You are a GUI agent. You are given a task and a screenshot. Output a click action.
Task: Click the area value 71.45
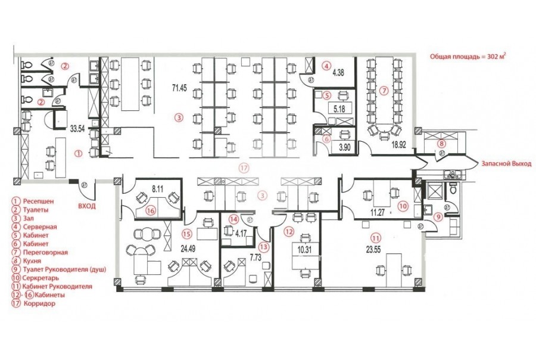pyautogui.click(x=179, y=88)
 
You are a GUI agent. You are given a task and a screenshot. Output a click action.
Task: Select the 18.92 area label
pyautogui.click(x=398, y=145)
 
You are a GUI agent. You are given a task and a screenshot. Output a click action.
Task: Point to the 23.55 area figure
pyautogui.click(x=373, y=250)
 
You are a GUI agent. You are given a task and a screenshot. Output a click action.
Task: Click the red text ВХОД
pyautogui.click(x=87, y=206)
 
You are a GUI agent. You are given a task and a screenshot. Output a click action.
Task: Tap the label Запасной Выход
pyautogui.click(x=507, y=163)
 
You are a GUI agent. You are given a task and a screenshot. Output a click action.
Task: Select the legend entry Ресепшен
pyautogui.click(x=38, y=201)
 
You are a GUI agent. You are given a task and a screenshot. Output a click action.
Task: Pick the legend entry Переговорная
pyautogui.click(x=45, y=252)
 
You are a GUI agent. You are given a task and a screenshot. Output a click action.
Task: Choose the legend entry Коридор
pyautogui.click(x=40, y=303)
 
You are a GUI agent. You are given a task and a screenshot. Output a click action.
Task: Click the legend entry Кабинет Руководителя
pyautogui.click(x=57, y=286)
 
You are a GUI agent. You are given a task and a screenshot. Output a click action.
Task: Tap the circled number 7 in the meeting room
pyautogui.click(x=384, y=91)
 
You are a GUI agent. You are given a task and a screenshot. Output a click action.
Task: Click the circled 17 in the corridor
pyautogui.click(x=244, y=167)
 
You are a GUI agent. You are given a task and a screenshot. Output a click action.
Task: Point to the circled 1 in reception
pyautogui.click(x=79, y=154)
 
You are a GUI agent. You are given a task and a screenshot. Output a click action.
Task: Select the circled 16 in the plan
pyautogui.click(x=151, y=211)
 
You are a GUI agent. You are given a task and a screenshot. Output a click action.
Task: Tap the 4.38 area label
pyautogui.click(x=338, y=73)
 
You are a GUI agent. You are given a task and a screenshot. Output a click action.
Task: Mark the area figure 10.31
pyautogui.click(x=304, y=250)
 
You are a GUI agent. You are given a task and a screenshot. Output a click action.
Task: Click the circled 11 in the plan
pyautogui.click(x=376, y=238)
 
